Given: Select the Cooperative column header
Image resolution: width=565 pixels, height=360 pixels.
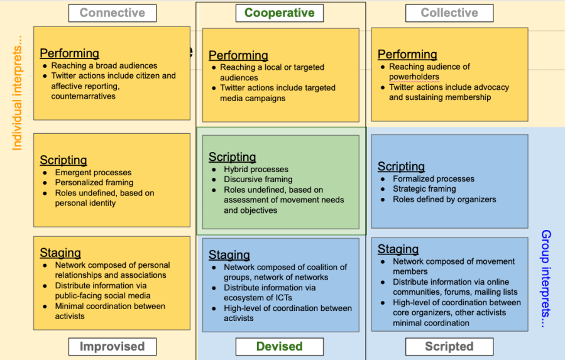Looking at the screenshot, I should pos(280,13).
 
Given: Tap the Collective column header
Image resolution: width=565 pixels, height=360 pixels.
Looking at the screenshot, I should pos(449,13).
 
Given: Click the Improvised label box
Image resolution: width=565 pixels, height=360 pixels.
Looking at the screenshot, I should pos(112,346).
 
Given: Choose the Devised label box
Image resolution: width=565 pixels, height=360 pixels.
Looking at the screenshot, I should pos(279,346).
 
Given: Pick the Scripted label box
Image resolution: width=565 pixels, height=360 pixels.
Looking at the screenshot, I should pos(449,346).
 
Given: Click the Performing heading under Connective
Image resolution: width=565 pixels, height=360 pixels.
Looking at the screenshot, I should pos(69,53).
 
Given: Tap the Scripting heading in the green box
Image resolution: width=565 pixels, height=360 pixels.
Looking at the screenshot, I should pos(232,157).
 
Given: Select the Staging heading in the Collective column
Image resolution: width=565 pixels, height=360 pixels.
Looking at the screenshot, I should pos(398,249).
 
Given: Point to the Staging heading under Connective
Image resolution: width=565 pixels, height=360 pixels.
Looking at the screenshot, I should pos(60,253).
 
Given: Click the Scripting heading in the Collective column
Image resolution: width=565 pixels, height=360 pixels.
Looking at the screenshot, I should pos(401,166).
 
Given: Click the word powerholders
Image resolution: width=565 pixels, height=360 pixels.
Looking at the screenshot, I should pos(414,77).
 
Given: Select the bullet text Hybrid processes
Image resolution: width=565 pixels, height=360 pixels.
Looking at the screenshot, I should pos(256,169).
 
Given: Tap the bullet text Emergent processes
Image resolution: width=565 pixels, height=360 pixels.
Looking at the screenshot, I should pos(93,172).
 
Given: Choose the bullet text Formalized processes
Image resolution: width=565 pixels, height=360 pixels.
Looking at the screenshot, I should pos(434,178).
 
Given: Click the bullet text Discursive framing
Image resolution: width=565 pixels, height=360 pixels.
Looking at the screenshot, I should pos(258,179).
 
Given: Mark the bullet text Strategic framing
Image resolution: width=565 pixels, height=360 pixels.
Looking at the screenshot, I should pos(424,188).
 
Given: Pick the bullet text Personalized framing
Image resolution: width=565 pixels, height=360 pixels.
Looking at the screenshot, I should pos(94,183).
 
